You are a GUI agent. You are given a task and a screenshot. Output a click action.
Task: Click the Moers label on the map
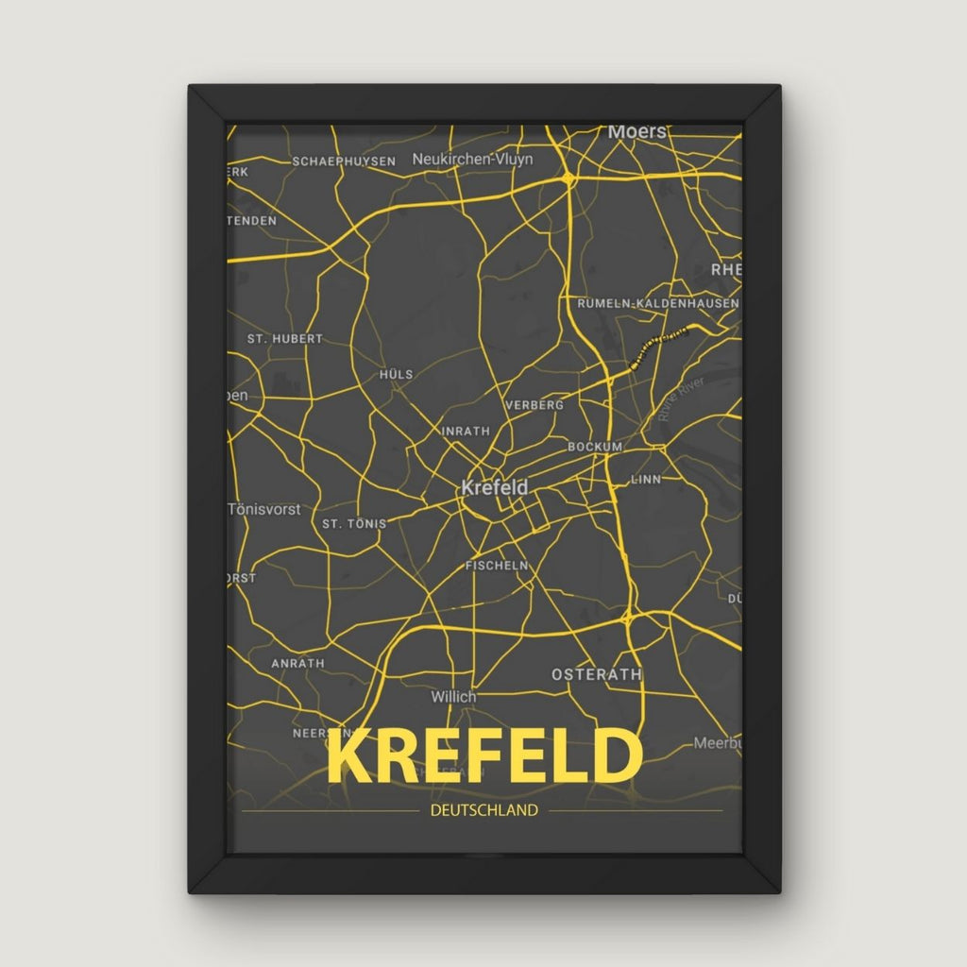[x=637, y=132]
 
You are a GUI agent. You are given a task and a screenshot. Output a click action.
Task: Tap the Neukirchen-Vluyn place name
[x=472, y=160]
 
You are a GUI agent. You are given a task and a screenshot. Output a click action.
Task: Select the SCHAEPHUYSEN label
[x=344, y=161]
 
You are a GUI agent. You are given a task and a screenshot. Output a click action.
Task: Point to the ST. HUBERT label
[x=284, y=338]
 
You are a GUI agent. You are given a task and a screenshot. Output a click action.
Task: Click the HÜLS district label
[x=396, y=374]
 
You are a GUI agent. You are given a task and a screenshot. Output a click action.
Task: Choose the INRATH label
[x=467, y=431]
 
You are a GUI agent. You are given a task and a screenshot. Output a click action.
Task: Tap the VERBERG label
[x=534, y=404]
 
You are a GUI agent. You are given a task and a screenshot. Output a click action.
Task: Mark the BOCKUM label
[x=595, y=446]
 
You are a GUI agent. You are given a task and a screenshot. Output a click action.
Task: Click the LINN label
[x=646, y=480]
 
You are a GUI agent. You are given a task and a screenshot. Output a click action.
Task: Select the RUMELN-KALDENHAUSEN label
[x=658, y=303]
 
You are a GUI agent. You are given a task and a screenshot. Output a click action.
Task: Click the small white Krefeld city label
[x=494, y=488]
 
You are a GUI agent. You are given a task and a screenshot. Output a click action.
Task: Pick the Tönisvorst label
[x=264, y=509]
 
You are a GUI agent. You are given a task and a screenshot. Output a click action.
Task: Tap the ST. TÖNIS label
[x=354, y=523]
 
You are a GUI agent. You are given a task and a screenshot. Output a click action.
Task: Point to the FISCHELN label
[x=497, y=566]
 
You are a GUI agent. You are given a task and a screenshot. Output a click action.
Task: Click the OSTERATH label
[x=597, y=674]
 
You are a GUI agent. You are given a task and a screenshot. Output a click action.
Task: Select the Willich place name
[x=453, y=697]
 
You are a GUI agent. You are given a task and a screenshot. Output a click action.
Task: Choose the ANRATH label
[x=297, y=664]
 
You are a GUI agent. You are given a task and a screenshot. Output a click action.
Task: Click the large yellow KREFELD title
[x=483, y=755]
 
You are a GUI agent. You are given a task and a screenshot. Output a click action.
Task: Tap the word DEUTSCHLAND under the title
[x=483, y=810]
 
